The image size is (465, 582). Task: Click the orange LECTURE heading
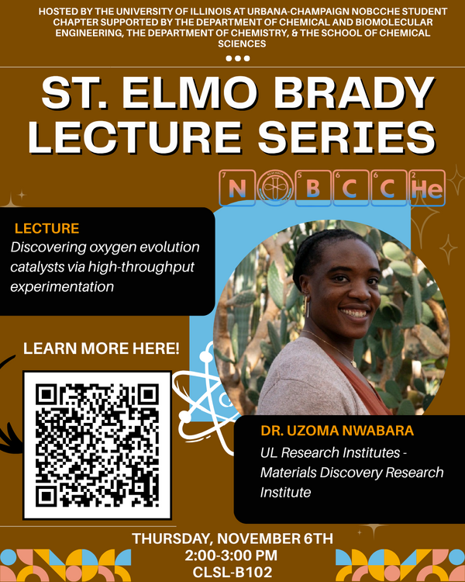click(46, 229)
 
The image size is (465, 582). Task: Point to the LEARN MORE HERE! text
click(102, 348)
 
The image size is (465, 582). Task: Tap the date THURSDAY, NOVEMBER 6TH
click(232, 539)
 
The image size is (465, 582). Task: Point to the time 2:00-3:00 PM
click(232, 556)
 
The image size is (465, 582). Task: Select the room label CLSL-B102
click(232, 573)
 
